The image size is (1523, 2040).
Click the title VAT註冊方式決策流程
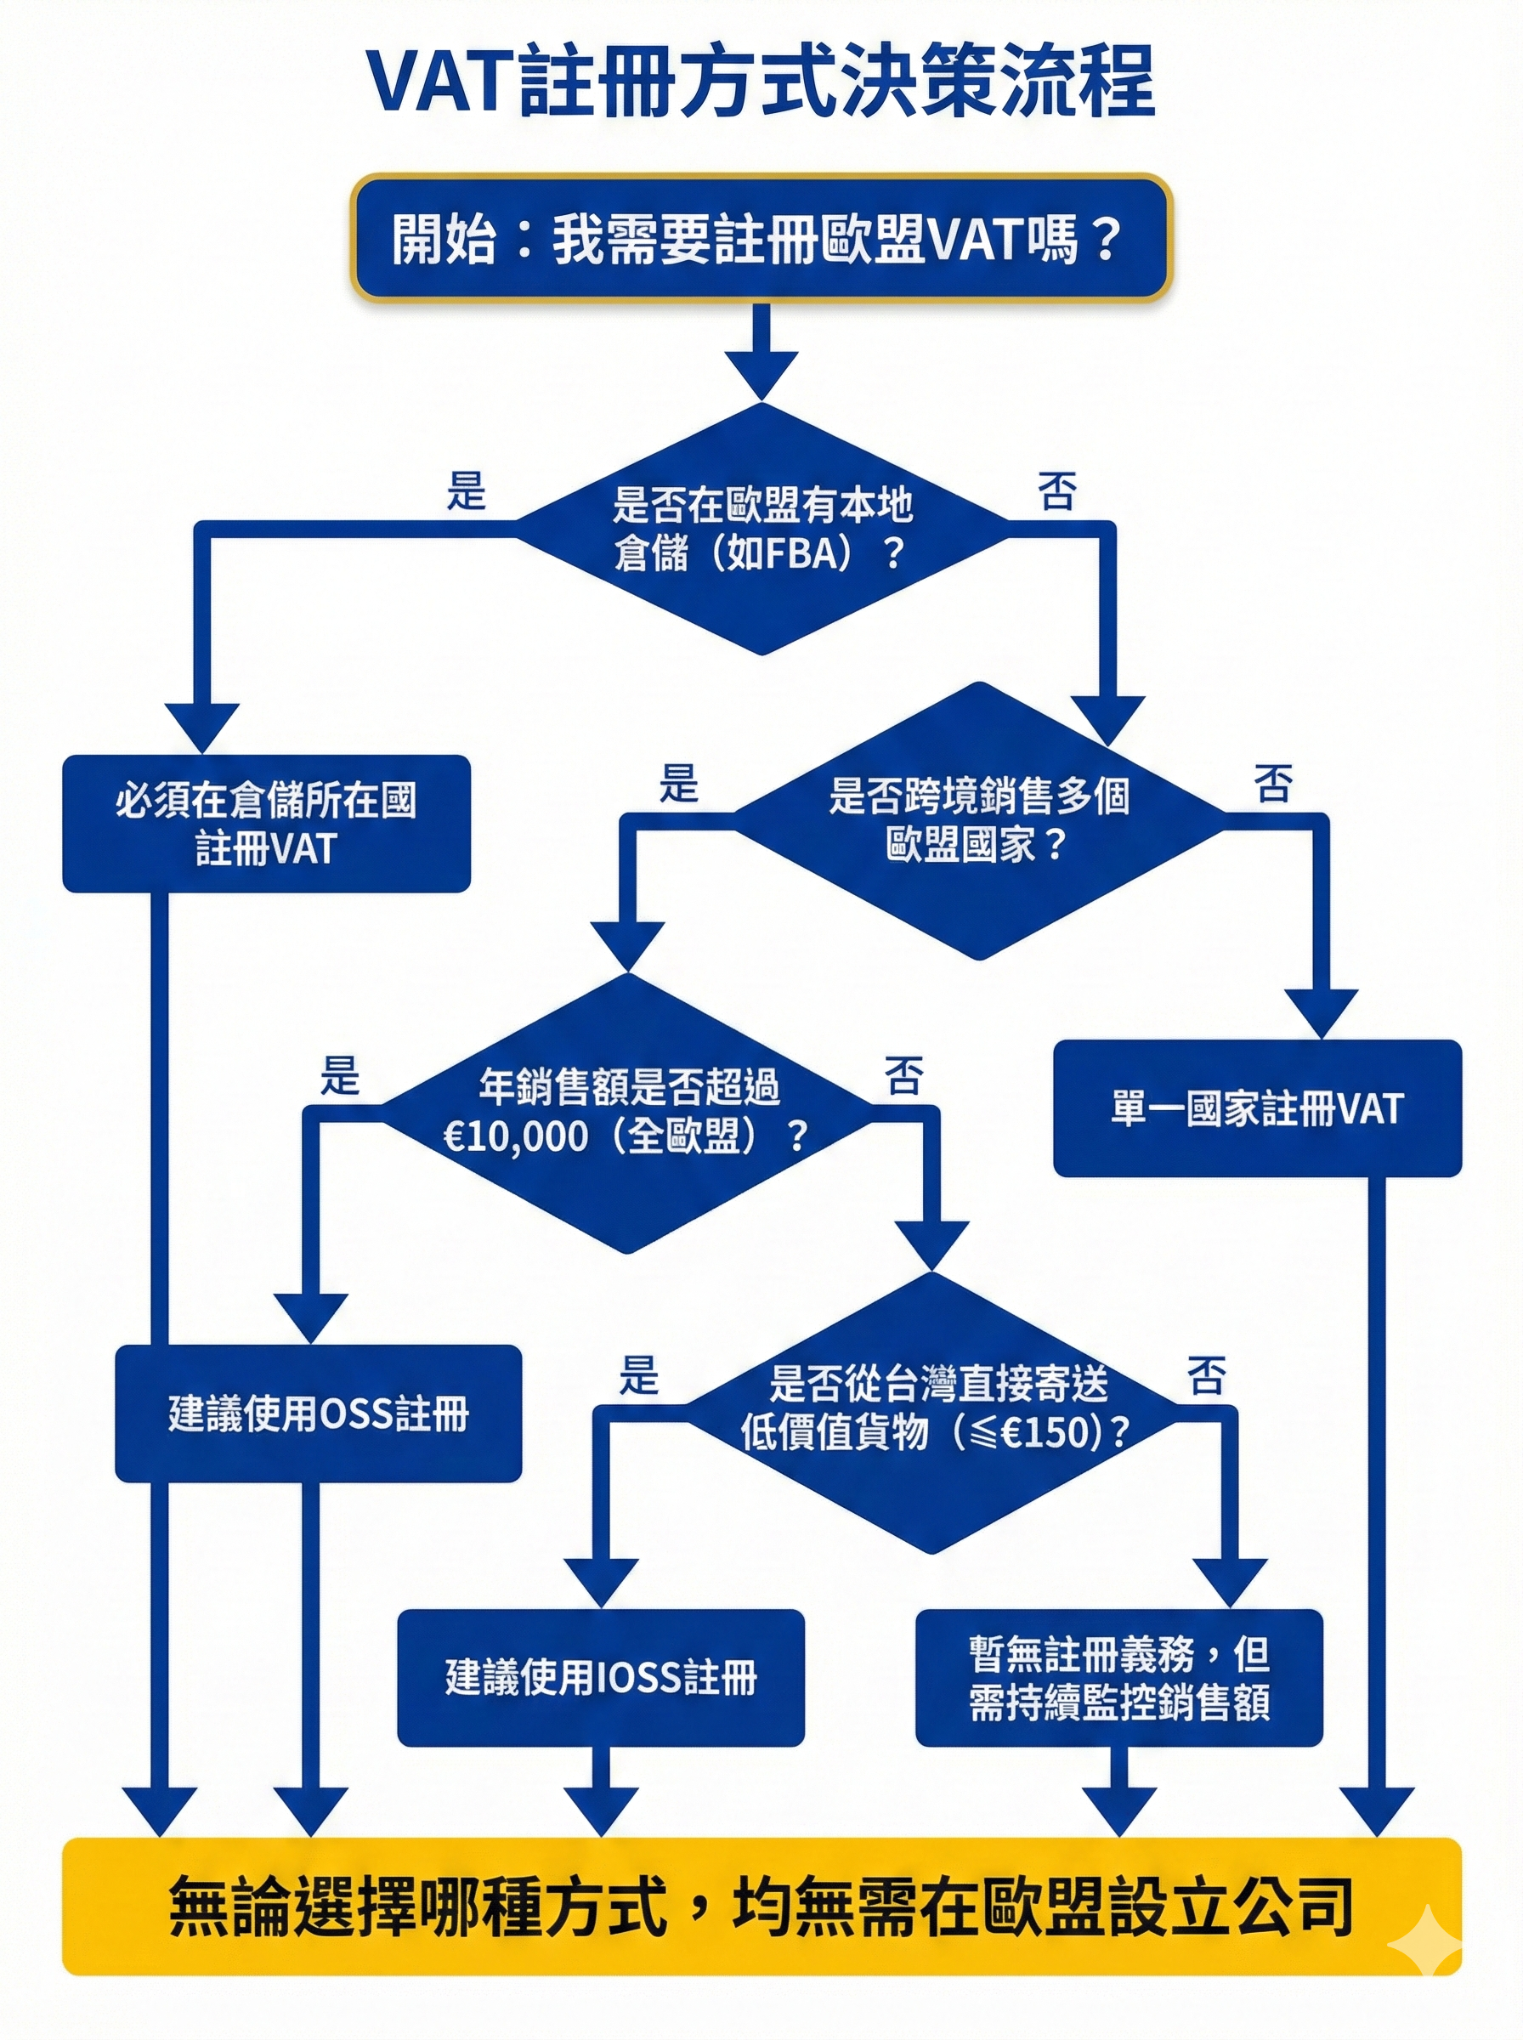[x=761, y=82]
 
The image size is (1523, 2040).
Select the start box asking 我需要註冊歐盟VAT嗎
[x=761, y=239]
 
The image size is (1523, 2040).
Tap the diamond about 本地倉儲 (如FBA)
[x=761, y=530]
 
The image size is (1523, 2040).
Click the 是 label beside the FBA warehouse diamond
[x=466, y=490]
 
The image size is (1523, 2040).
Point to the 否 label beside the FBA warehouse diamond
[x=1056, y=490]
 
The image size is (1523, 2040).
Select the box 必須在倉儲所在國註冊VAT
[x=266, y=823]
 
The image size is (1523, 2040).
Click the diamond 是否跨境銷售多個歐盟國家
[x=979, y=819]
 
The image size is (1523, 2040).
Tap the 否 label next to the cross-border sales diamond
[x=1272, y=784]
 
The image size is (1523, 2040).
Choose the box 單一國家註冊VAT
[x=1257, y=1108]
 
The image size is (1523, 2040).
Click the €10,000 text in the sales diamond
[x=516, y=1136]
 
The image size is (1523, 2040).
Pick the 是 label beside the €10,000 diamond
[x=339, y=1075]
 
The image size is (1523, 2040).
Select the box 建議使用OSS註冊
[x=318, y=1414]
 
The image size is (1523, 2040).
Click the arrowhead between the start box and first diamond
[x=761, y=373]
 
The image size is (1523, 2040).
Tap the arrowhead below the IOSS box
[x=600, y=1810]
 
